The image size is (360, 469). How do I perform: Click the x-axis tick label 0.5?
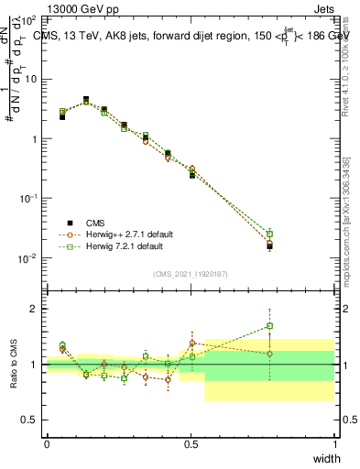(x=191, y=443)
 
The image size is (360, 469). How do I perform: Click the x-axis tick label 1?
(x=334, y=443)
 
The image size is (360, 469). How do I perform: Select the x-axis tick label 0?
(x=47, y=443)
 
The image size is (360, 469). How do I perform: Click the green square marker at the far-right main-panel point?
(x=269, y=234)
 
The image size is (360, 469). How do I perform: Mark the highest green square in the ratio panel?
(x=269, y=325)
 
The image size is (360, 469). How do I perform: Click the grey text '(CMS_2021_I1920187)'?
(x=191, y=275)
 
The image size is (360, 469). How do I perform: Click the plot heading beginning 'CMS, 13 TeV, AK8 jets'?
(x=188, y=36)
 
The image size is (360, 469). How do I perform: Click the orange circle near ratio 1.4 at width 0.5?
(x=192, y=343)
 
